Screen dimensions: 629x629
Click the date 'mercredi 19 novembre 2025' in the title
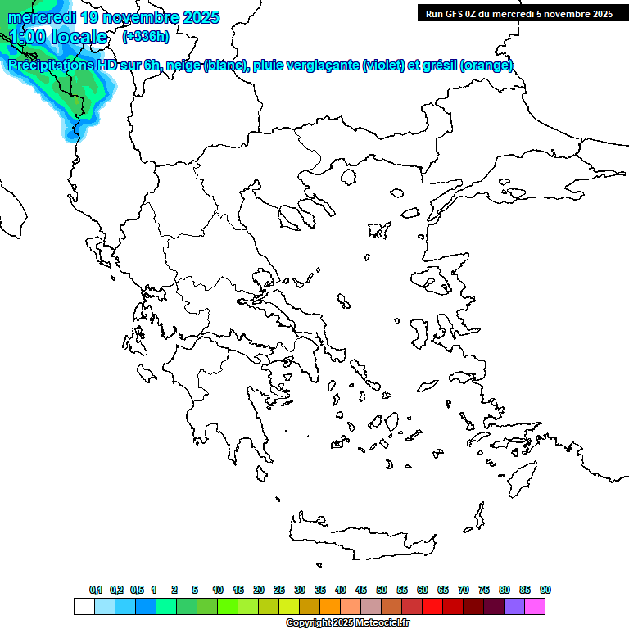coord(114,17)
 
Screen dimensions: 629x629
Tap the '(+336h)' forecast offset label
coord(145,37)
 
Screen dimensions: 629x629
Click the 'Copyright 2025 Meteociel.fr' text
coord(347,623)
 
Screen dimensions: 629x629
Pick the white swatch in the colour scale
coord(84,607)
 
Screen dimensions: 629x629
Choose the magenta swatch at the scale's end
coord(535,607)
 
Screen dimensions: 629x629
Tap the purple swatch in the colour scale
coord(514,607)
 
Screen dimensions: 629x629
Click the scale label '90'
coord(545,590)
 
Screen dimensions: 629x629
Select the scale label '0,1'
coord(95,590)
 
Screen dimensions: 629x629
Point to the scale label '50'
coord(382,590)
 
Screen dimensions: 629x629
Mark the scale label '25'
coord(279,590)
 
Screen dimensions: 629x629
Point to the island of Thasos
coord(350,177)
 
